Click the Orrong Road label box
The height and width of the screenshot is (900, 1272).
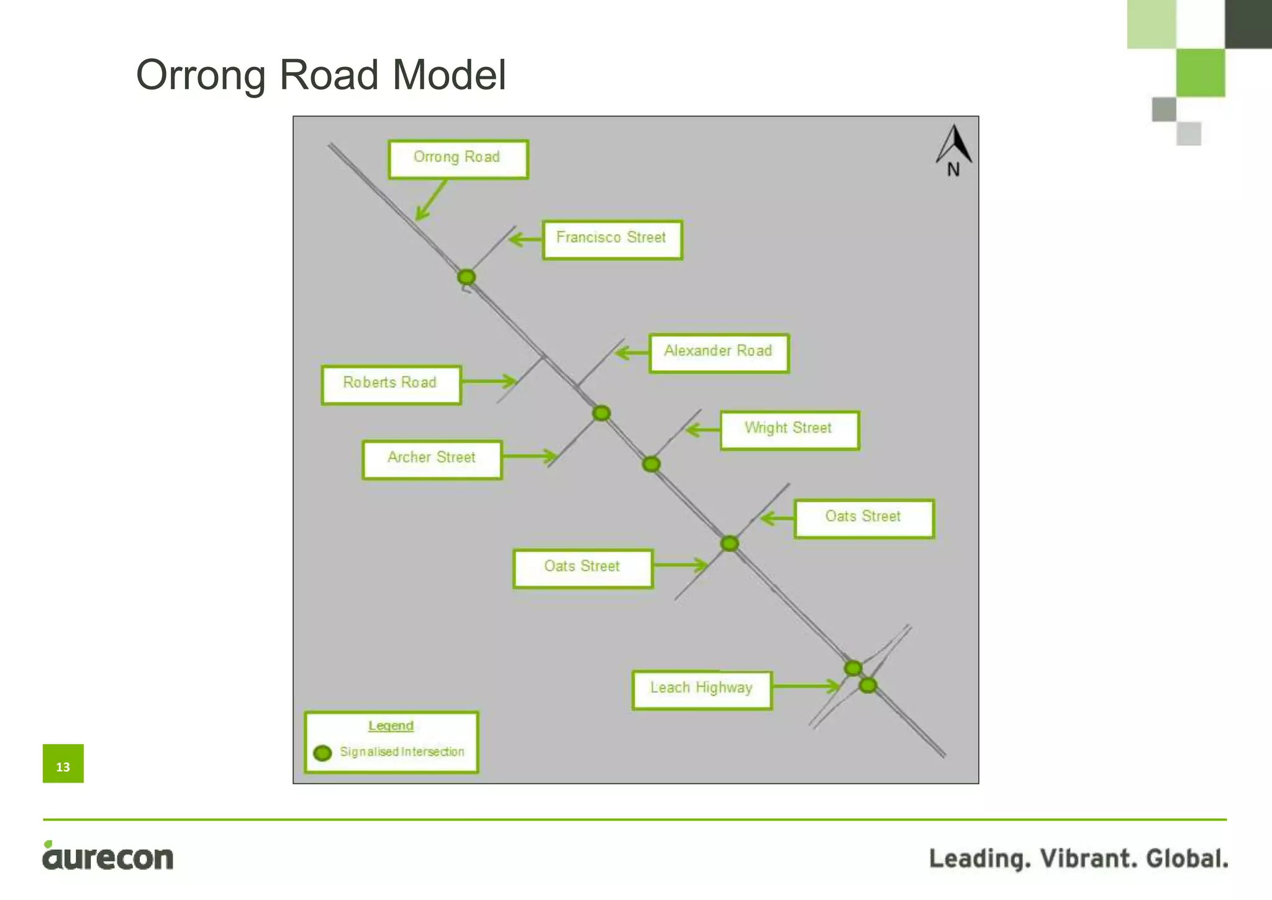(x=458, y=159)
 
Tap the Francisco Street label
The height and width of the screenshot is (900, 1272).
(x=612, y=239)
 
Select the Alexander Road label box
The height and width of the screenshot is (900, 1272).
(x=719, y=352)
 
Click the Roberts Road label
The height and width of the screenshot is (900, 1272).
(x=391, y=384)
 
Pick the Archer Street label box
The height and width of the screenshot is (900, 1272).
(x=432, y=459)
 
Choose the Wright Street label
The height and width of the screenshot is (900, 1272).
(x=789, y=429)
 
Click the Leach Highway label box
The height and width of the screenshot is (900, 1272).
(x=702, y=689)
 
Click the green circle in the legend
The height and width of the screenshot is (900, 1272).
(x=322, y=753)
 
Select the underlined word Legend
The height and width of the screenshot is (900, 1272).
(x=391, y=725)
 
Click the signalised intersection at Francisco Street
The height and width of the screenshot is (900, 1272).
(x=466, y=276)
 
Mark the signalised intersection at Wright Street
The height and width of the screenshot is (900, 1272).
(x=651, y=464)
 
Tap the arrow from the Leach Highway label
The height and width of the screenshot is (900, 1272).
(x=806, y=686)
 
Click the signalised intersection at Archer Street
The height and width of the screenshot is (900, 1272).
(x=601, y=413)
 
